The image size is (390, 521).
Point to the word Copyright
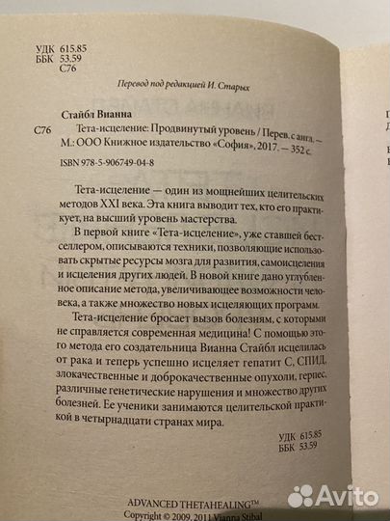tap(143, 514)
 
